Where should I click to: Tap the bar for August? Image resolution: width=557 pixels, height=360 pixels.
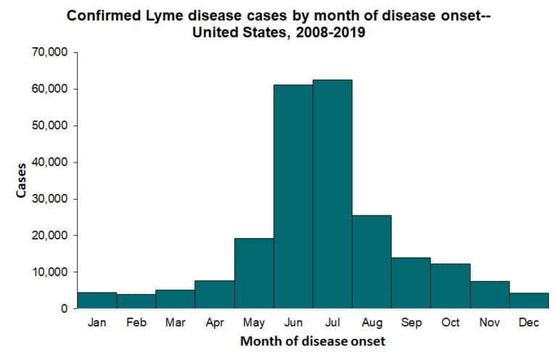point(371,261)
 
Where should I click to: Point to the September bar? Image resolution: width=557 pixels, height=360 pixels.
point(410,282)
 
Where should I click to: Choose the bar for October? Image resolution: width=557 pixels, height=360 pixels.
point(450,286)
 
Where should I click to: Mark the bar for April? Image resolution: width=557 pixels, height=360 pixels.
point(215,294)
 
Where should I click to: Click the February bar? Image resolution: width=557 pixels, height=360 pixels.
point(136,301)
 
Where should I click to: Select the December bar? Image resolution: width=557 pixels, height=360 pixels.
point(529,300)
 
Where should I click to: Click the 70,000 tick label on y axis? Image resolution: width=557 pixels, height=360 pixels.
point(50,52)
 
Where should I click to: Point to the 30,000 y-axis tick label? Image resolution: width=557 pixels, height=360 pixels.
point(50,199)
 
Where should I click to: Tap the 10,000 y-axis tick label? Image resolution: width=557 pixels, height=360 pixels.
point(50,272)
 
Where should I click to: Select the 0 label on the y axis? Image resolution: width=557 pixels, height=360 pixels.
point(64,308)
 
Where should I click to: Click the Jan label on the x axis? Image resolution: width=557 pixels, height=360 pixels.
point(96,323)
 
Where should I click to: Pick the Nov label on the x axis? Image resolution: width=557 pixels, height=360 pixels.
point(490,323)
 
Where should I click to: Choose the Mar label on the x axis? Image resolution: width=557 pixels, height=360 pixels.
point(176,323)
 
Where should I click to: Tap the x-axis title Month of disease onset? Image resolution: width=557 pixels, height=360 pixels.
point(313,341)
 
